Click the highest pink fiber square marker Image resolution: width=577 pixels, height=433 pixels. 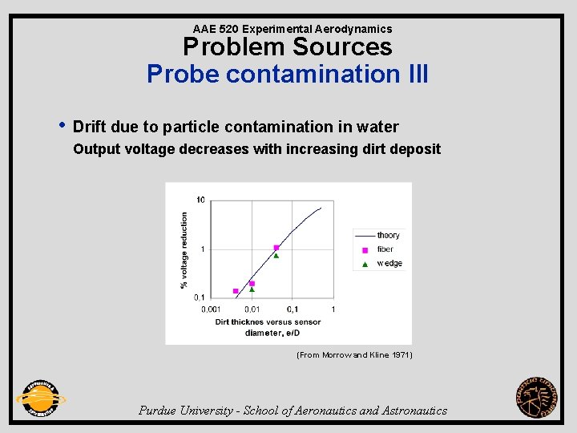276,248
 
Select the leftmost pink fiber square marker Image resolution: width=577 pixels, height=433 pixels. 236,291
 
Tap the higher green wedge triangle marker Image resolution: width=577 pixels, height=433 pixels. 276,256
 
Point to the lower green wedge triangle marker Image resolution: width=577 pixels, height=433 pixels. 252,289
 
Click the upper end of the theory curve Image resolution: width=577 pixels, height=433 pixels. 321,208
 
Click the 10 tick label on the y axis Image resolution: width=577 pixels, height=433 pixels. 200,200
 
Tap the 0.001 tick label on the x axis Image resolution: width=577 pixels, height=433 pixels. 211,310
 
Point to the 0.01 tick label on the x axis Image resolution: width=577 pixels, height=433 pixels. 252,310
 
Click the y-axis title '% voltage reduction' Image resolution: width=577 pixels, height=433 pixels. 184,249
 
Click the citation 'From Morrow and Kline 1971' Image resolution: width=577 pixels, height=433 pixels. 354,354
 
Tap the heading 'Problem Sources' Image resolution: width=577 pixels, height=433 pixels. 288,47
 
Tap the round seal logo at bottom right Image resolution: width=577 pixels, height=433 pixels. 536,397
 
